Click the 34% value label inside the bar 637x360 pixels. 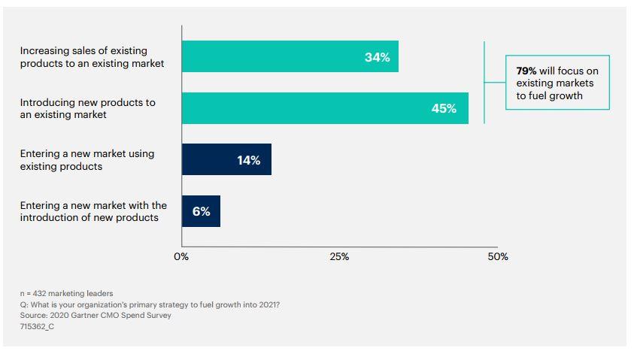pos(378,57)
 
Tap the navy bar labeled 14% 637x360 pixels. pos(226,159)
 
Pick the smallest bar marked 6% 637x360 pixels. pos(201,211)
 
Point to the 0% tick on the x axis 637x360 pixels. pos(181,256)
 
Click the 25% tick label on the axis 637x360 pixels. pos(339,256)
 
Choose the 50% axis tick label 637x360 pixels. pos(498,256)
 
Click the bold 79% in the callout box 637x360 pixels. pos(526,71)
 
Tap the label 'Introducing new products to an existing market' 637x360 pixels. pos(87,108)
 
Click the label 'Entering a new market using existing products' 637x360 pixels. pos(87,159)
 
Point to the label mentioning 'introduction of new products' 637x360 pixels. pos(93,211)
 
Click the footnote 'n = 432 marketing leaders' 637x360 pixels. pos(67,293)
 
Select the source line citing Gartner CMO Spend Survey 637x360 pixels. pos(96,316)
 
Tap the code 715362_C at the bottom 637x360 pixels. pos(37,327)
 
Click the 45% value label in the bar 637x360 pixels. pos(444,108)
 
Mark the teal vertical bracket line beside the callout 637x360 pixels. pos(484,83)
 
